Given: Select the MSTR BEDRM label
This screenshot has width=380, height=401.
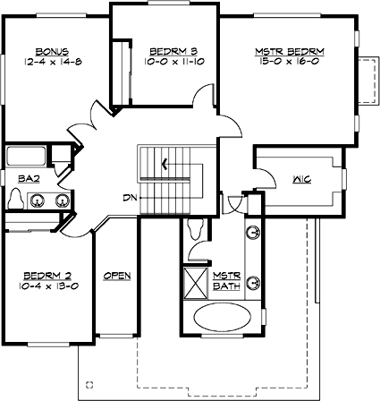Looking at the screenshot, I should click(x=291, y=52).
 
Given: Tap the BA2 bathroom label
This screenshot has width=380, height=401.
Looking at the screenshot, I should click(x=28, y=179).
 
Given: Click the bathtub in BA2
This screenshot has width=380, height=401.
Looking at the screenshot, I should click(x=34, y=158).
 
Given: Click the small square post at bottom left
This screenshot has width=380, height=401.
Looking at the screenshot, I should click(x=89, y=384).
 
